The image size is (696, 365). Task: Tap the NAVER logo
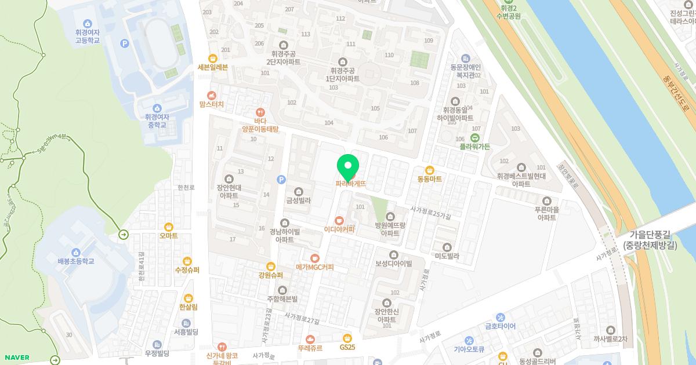16,357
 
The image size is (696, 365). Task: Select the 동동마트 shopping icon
430,170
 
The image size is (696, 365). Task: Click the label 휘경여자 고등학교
88,36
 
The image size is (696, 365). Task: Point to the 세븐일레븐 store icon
213,57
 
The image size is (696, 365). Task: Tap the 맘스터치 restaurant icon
212,95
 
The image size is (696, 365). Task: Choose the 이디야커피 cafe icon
340,220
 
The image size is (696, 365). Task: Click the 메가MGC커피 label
315,267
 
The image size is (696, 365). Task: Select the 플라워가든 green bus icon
475,137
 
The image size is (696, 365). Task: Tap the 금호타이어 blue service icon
501,317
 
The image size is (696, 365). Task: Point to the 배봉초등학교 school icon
75,252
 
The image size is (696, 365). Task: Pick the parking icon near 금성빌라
281,180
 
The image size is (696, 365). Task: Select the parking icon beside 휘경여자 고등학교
124,43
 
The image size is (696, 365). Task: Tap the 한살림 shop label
188,307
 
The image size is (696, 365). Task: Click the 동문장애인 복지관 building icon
465,58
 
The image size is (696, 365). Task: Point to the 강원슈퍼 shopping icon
270,266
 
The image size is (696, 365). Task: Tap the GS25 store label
347,347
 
